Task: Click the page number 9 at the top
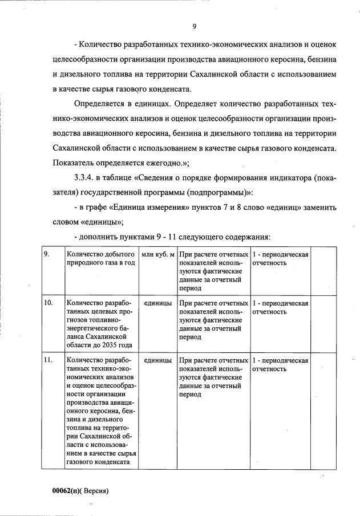[x=194, y=26]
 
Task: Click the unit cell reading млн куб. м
[x=157, y=254]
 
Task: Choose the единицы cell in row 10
[x=158, y=303]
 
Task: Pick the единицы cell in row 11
[x=158, y=360]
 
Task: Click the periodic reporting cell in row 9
[x=280, y=258]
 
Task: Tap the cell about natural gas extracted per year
[x=100, y=258]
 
